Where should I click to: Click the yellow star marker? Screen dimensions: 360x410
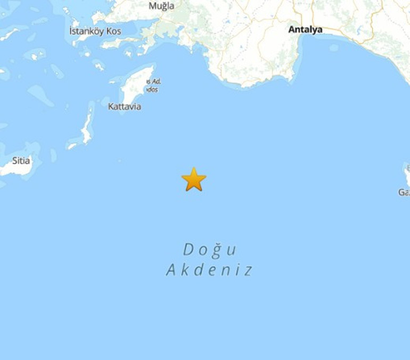194,179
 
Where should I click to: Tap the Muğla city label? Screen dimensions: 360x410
161,6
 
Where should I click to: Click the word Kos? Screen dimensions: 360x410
113,31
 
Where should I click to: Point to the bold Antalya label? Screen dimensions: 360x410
305,30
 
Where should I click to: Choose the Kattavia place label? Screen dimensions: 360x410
124,107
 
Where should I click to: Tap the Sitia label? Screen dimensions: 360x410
21,160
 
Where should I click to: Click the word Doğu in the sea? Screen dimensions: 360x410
210,249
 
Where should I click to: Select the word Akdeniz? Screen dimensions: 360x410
209,270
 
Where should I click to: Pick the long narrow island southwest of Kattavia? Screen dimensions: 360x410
87,127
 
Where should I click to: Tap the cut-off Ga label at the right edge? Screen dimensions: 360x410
404,192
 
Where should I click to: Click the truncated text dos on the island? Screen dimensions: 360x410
152,89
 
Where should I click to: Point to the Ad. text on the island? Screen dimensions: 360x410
156,81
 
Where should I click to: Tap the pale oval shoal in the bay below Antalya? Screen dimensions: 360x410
333,48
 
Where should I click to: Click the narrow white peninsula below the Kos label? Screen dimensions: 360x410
120,43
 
